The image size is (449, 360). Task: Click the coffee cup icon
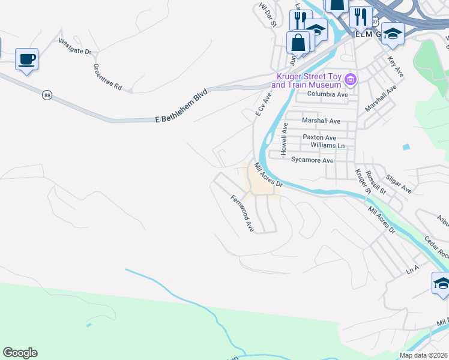[x=26, y=59]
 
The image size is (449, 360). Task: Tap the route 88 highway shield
[x=47, y=95]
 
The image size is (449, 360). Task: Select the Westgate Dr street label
[x=75, y=47]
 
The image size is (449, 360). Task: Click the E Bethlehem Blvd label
[x=181, y=107]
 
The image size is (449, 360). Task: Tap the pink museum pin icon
[x=352, y=79]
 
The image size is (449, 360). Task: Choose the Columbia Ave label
[x=327, y=95]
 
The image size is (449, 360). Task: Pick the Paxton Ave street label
[x=319, y=137]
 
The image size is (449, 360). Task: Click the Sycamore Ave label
[x=312, y=161]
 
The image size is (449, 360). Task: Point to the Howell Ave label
[x=286, y=137]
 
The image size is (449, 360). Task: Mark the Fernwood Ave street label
[x=243, y=213]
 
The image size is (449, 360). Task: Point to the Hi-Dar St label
[x=267, y=14]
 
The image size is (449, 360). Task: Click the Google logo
[x=20, y=353]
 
